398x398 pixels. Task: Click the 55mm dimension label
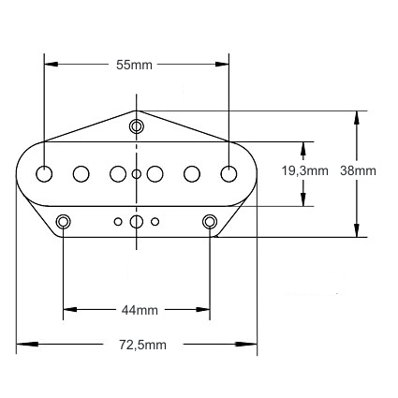tap(134, 65)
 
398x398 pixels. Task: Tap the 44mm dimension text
tap(140, 310)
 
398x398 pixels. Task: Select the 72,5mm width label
tap(142, 346)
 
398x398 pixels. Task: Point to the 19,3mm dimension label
tap(305, 171)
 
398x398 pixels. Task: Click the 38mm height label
tap(358, 170)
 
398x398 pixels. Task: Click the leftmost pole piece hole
tap(44, 174)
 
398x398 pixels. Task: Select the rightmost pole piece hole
tap(228, 174)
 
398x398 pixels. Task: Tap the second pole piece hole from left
tap(81, 174)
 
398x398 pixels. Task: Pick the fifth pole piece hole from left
tap(192, 174)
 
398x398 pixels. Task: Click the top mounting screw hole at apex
tap(137, 126)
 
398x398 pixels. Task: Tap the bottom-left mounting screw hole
tap(63, 222)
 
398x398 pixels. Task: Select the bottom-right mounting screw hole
tap(210, 222)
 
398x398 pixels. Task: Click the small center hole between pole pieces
tap(137, 174)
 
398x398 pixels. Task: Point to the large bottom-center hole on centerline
tap(137, 222)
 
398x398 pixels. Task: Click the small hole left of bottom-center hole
tap(118, 222)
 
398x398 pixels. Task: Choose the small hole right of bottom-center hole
tap(155, 222)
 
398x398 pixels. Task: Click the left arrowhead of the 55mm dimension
tap(52, 64)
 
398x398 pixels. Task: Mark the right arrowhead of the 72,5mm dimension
tap(246, 344)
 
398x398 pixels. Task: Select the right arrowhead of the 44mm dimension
tap(203, 310)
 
